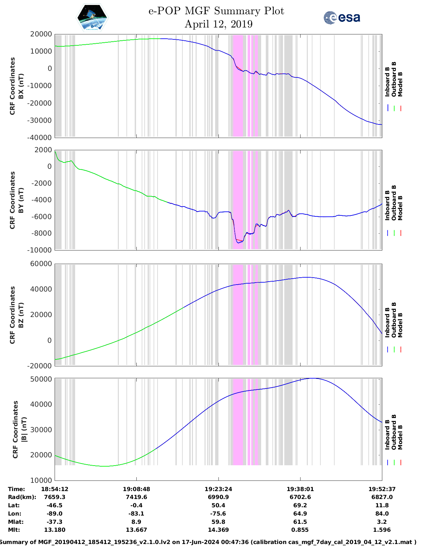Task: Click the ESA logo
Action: pyautogui.click(x=342, y=18)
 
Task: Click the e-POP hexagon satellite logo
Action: pyautogui.click(x=92, y=18)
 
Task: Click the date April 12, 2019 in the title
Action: pyautogui.click(x=218, y=24)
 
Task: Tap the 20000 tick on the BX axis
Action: pyautogui.click(x=41, y=34)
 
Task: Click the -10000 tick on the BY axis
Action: pyautogui.click(x=41, y=250)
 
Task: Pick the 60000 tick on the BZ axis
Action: pyautogui.click(x=41, y=264)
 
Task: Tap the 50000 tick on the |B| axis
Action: pyautogui.click(x=41, y=379)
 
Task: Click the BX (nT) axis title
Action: pyautogui.click(x=21, y=86)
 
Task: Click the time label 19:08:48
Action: pyautogui.click(x=136, y=489)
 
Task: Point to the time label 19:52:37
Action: pyautogui.click(x=382, y=489)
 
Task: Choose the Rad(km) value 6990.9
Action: pyautogui.click(x=218, y=497)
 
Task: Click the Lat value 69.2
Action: pyautogui.click(x=300, y=505)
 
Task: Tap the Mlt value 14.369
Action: pyautogui.click(x=218, y=530)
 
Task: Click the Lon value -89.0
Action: pyautogui.click(x=55, y=514)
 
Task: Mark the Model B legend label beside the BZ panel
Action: pyautogui.click(x=400, y=325)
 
